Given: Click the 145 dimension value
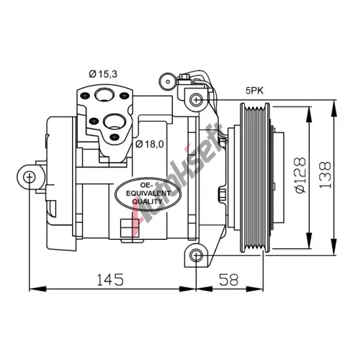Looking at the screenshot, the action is pos(110,279).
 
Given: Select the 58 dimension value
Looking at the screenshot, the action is pos(229,279).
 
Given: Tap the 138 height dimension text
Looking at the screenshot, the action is pos(325,175).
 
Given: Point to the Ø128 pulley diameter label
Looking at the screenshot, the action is pos(301,175).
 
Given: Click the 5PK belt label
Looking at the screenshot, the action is pos(254,91).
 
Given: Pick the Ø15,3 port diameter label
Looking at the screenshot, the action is pos(103,74).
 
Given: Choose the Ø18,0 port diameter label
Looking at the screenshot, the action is pos(150,144).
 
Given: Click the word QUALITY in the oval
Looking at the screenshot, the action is pos(147,202).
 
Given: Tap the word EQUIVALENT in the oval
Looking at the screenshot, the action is pos(148,193).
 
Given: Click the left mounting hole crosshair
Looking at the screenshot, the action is pos(30,177).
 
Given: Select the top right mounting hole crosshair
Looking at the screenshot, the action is pos(196,99).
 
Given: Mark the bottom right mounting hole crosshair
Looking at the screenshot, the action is pos(196,256).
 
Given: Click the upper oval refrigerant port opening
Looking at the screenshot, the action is pos(104,95).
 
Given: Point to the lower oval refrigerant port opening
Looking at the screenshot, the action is pos(114,121).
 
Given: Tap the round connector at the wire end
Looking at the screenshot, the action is pos(168,82).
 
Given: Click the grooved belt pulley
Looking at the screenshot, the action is pos(255,178).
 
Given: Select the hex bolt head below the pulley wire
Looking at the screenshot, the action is pos(222,194).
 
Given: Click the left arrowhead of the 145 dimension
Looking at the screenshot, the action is pos(37,289).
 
